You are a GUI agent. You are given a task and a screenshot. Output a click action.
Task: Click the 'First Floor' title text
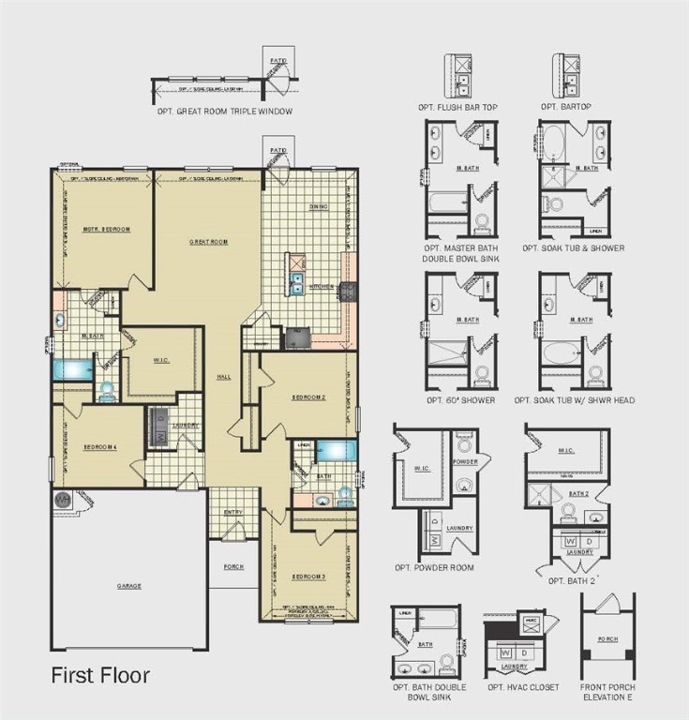pos(99,675)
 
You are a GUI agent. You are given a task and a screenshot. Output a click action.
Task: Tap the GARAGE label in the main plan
pos(129,586)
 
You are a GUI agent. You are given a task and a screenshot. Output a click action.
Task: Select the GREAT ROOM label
pos(209,241)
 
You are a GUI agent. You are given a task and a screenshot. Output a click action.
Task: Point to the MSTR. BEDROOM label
pos(106,229)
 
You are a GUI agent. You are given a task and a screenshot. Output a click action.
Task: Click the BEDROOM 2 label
pos(308,397)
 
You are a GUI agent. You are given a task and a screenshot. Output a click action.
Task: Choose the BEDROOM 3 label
pos(308,576)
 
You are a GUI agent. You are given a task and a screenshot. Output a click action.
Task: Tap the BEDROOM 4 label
pos(98,446)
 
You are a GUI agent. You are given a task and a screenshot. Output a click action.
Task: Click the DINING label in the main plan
pos(318,206)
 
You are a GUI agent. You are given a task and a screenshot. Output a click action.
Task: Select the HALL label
pos(223,377)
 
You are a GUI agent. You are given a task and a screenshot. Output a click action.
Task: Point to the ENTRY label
pos(232,512)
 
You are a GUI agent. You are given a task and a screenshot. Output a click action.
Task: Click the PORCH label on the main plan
pos(233,567)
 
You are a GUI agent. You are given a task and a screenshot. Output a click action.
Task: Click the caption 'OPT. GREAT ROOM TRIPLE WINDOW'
pos(225,112)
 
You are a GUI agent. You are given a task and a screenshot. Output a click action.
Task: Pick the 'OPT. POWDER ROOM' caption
pos(434,568)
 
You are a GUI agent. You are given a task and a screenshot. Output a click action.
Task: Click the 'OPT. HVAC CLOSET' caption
pos(523,687)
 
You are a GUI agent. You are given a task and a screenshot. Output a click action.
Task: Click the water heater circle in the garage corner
pos(64,501)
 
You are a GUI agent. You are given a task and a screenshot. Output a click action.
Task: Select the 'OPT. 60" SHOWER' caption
pos(459,400)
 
